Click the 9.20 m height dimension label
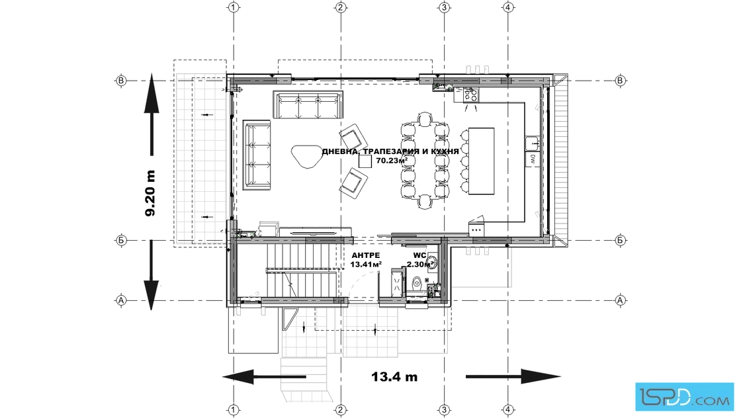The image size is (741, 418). pyautogui.click(x=150, y=193)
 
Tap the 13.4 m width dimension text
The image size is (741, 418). pyautogui.click(x=394, y=376)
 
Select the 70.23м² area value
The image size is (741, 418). pyautogui.click(x=392, y=160)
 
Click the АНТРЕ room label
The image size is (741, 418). pyautogui.click(x=366, y=255)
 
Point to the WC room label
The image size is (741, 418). pyautogui.click(x=420, y=255)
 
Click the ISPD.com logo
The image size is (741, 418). pyautogui.click(x=684, y=396)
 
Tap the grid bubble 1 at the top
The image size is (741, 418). pyautogui.click(x=234, y=7)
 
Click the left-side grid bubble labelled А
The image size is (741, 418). pyautogui.click(x=121, y=300)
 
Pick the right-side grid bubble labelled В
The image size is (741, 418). pyautogui.click(x=621, y=81)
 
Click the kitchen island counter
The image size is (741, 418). pyautogui.click(x=482, y=161)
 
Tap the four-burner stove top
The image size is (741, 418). pyautogui.click(x=470, y=95)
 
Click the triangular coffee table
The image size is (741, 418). pyautogui.click(x=306, y=156)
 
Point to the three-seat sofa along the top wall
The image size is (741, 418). pyautogui.click(x=308, y=105)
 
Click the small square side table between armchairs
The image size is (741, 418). pyautogui.click(x=365, y=161)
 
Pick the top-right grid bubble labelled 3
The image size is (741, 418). pyautogui.click(x=444, y=7)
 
